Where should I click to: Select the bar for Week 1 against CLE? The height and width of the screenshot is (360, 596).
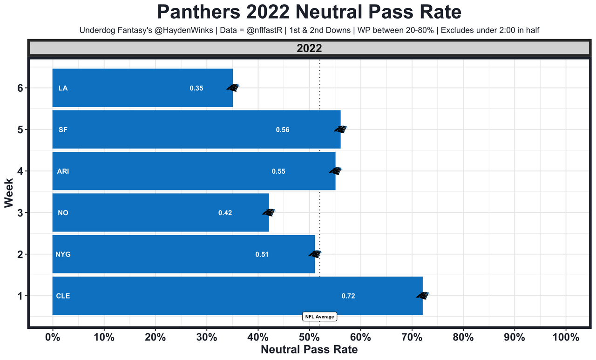pyautogui.click(x=237, y=296)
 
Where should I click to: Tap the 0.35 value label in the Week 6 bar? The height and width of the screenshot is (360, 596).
pyautogui.click(x=196, y=88)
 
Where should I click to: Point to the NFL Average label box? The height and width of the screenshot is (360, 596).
pyautogui.click(x=319, y=317)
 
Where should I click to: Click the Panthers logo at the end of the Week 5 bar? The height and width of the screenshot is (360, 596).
pyautogui.click(x=340, y=129)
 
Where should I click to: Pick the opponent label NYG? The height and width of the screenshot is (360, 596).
pyautogui.click(x=63, y=254)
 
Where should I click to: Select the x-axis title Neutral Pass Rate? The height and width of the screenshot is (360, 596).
pyautogui.click(x=309, y=350)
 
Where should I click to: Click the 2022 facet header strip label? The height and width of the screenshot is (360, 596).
pyautogui.click(x=309, y=48)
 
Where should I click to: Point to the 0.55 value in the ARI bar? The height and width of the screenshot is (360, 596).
pyautogui.click(x=278, y=171)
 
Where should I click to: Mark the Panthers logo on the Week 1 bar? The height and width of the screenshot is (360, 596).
pyautogui.click(x=422, y=295)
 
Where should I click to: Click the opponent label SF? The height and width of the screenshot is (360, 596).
pyautogui.click(x=63, y=130)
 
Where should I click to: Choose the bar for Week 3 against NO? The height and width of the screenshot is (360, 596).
pyautogui.click(x=161, y=213)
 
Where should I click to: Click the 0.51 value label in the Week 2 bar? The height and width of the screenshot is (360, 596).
pyautogui.click(x=262, y=255)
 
